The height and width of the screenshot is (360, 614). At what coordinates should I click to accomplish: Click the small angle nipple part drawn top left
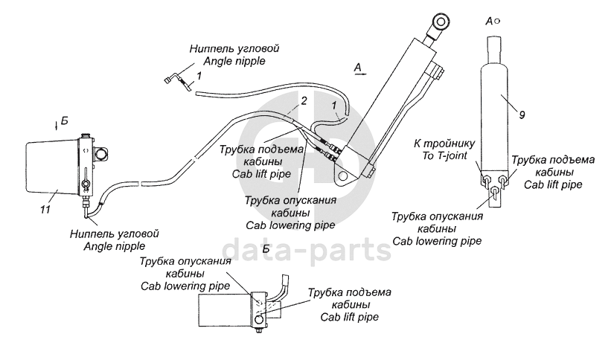click(177, 78)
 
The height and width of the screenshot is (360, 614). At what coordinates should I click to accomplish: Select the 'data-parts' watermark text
click(307, 250)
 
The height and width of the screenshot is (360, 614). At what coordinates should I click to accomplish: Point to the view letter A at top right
click(488, 23)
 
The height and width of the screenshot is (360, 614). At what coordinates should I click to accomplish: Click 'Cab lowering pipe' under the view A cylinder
click(437, 240)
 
